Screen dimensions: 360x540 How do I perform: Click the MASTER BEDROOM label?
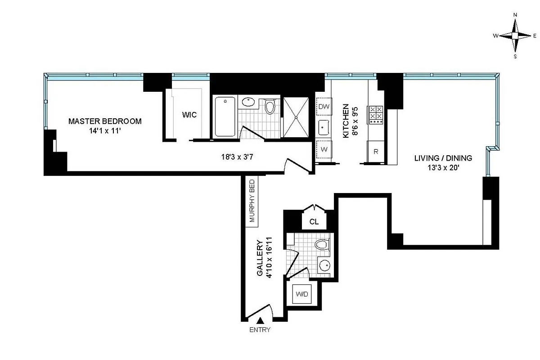click(x=105, y=121)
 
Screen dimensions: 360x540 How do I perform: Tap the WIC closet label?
click(x=189, y=115)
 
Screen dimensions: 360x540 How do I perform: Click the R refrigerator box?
click(x=376, y=151)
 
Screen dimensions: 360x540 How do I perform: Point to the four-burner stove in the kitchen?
click(x=376, y=115)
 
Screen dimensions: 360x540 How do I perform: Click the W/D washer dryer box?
click(x=301, y=294)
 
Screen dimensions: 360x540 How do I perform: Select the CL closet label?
click(x=314, y=221)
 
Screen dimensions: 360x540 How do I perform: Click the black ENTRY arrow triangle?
click(x=260, y=320)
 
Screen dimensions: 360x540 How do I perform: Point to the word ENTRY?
click(x=260, y=330)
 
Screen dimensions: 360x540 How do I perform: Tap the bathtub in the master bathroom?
click(x=224, y=117)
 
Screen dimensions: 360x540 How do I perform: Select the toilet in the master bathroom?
click(x=270, y=107)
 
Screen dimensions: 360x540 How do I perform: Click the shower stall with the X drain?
click(x=296, y=117)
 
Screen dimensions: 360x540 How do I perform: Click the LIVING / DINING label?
click(x=443, y=158)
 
